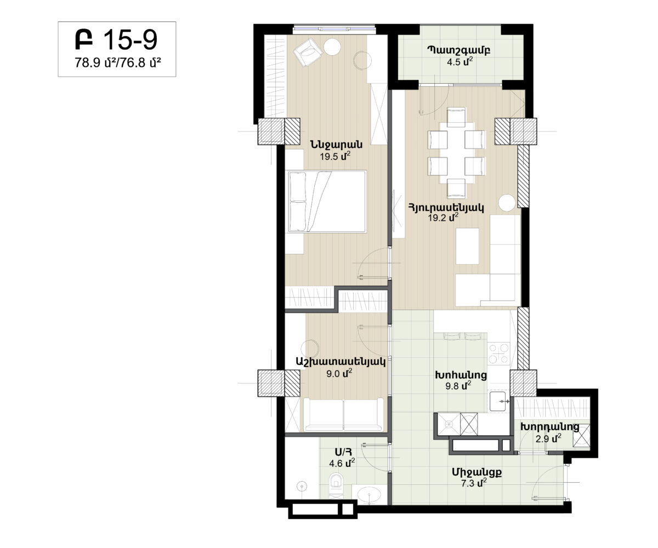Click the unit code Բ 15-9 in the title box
pyautogui.click(x=116, y=39)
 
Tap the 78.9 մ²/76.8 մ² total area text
pyautogui.click(x=117, y=62)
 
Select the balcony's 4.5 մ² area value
pyautogui.click(x=460, y=61)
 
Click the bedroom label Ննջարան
pyautogui.click(x=336, y=145)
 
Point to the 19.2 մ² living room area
pyautogui.click(x=443, y=218)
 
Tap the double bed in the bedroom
pyautogui.click(x=327, y=202)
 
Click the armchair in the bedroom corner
pyautogui.click(x=308, y=52)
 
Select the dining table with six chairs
pyautogui.click(x=456, y=153)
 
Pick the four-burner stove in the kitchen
pyautogui.click(x=498, y=353)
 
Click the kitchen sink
pyautogui.click(x=498, y=402)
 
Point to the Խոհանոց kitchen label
pyautogui.click(x=461, y=375)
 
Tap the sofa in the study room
pyautogui.click(x=343, y=414)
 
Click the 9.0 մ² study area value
pyautogui.click(x=339, y=374)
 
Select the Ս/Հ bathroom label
pyautogui.click(x=343, y=452)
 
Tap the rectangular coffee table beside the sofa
pyautogui.click(x=467, y=246)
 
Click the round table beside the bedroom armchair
pyautogui.click(x=332, y=47)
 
